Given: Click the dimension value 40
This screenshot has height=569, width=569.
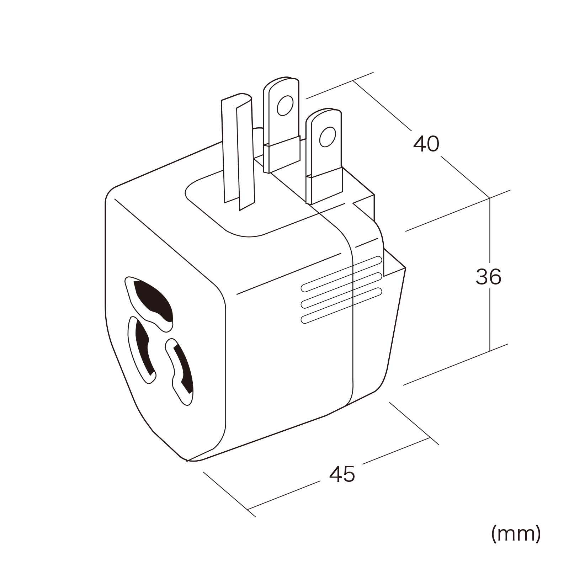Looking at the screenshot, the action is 426,144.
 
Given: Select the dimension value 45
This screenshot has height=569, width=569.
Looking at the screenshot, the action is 342,474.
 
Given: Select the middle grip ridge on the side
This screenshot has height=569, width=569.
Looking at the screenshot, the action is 341,290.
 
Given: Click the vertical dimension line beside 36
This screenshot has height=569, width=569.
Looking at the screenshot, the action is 490,274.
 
